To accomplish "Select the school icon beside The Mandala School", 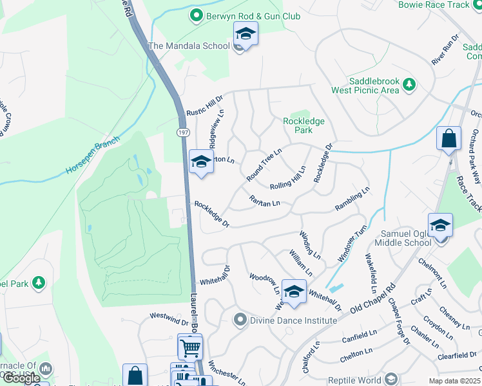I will (x=246, y=34).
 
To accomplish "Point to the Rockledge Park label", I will (x=304, y=125).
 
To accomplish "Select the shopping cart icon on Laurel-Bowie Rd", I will (x=190, y=348).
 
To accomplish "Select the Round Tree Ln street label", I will (x=264, y=165).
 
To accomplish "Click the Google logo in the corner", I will (x=21, y=378).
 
